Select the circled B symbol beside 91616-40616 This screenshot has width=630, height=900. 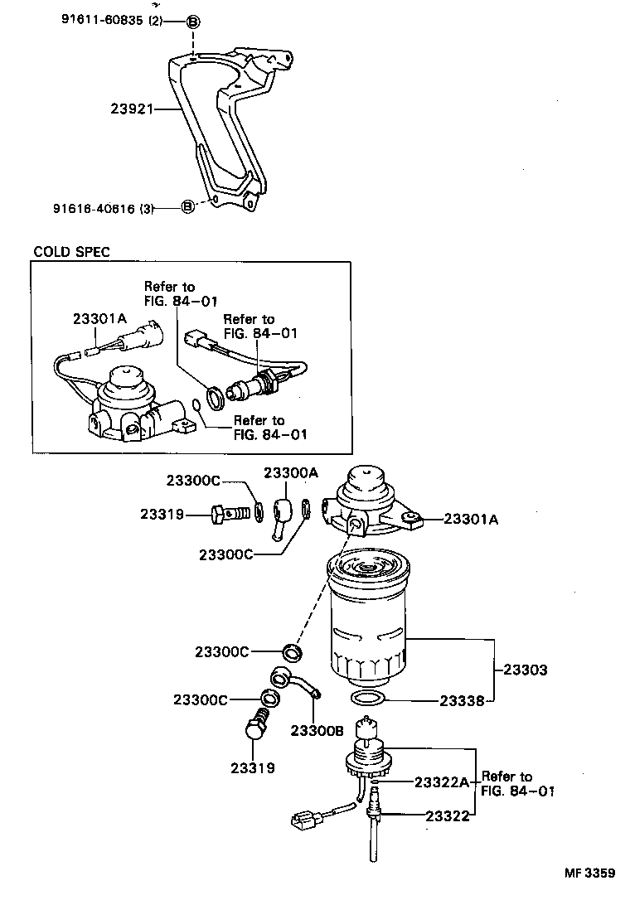coord(187,206)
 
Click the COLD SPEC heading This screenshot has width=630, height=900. coord(71,251)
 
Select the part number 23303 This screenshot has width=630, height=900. coord(521,670)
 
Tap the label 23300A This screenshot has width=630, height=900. coord(291,472)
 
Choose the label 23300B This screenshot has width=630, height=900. coord(317,730)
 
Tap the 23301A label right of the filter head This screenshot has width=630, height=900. coord(471,520)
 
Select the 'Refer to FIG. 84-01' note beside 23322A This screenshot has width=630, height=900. coord(517,784)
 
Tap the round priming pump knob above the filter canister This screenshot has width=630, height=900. coord(366,482)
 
